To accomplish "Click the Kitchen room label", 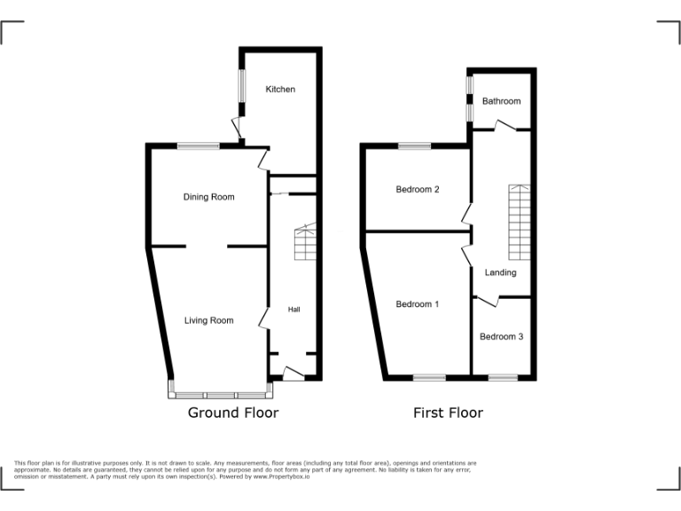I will pos(280,90).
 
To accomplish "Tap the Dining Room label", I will pos(208,197).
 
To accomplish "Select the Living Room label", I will pos(208,320).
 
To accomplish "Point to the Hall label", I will pos(294,310).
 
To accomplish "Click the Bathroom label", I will pos(501,101).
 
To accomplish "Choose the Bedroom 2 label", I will pos(418,190).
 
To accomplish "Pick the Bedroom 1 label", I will pos(418,304).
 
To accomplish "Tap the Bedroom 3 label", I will pos(501,337).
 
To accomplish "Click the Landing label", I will pos(500,272).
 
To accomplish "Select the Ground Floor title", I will pos(232,413).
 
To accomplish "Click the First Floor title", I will pos(448,413).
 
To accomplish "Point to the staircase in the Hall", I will pos(305,241).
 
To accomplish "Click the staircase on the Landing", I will pos(519,220).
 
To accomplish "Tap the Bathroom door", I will pos(507,126).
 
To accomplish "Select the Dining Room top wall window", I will pos(198,146).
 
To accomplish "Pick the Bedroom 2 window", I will pos(414,146).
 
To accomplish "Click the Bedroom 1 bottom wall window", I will pos(429,378).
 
